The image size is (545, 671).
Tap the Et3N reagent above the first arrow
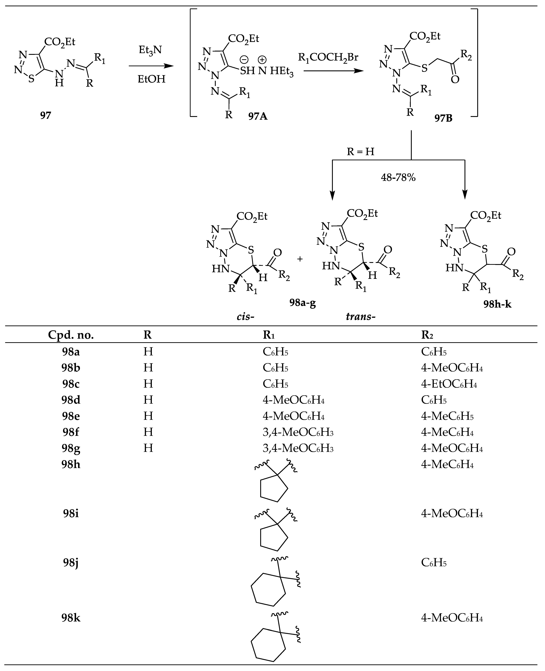pyautogui.click(x=150, y=50)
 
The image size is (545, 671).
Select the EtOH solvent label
pyautogui.click(x=151, y=79)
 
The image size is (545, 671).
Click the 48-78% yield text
pyautogui.click(x=398, y=178)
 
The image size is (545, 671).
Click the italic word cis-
pyautogui.click(x=245, y=316)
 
